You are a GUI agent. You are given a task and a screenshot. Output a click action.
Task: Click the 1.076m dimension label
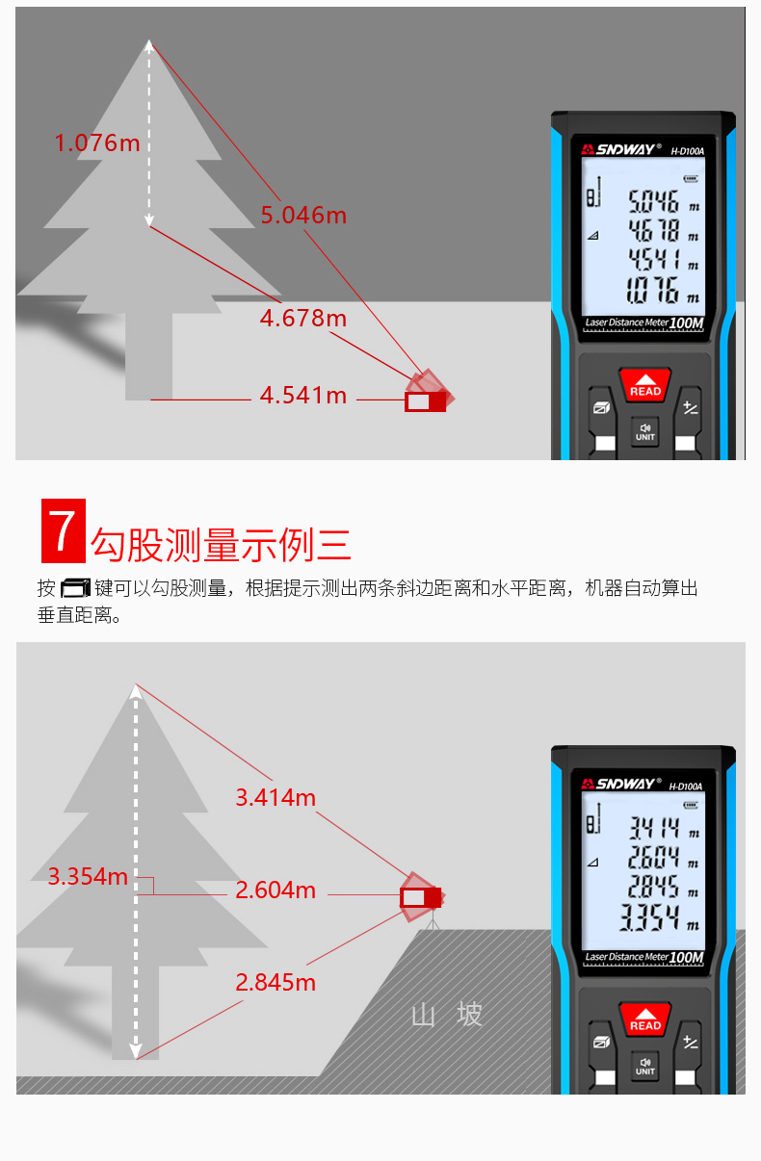tap(97, 143)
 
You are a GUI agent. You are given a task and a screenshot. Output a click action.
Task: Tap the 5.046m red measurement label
tap(303, 215)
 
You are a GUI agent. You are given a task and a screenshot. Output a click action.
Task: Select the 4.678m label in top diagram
tap(303, 318)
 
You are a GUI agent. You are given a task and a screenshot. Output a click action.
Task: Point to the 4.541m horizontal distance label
tap(303, 396)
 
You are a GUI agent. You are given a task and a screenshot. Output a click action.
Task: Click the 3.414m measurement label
tap(276, 797)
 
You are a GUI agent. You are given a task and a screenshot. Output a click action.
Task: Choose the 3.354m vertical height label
tap(88, 876)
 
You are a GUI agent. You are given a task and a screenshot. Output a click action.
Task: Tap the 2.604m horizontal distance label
tap(276, 890)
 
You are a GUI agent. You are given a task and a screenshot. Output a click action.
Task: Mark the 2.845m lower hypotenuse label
tap(276, 982)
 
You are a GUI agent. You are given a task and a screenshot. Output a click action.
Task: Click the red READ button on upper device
tap(644, 385)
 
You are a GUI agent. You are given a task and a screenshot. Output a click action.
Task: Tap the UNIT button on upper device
tap(644, 432)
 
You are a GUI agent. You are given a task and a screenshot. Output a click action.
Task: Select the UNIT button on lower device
tap(644, 1067)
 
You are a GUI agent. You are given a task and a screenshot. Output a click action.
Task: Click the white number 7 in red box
tap(63, 530)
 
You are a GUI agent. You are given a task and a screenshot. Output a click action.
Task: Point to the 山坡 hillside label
tap(447, 1015)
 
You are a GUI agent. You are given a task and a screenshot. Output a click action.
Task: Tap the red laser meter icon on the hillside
tap(421, 897)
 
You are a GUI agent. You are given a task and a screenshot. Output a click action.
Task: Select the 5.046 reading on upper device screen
tap(653, 201)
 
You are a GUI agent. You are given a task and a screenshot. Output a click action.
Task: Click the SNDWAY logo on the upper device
tap(621, 149)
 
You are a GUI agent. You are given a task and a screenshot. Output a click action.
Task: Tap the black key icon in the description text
tap(75, 588)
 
